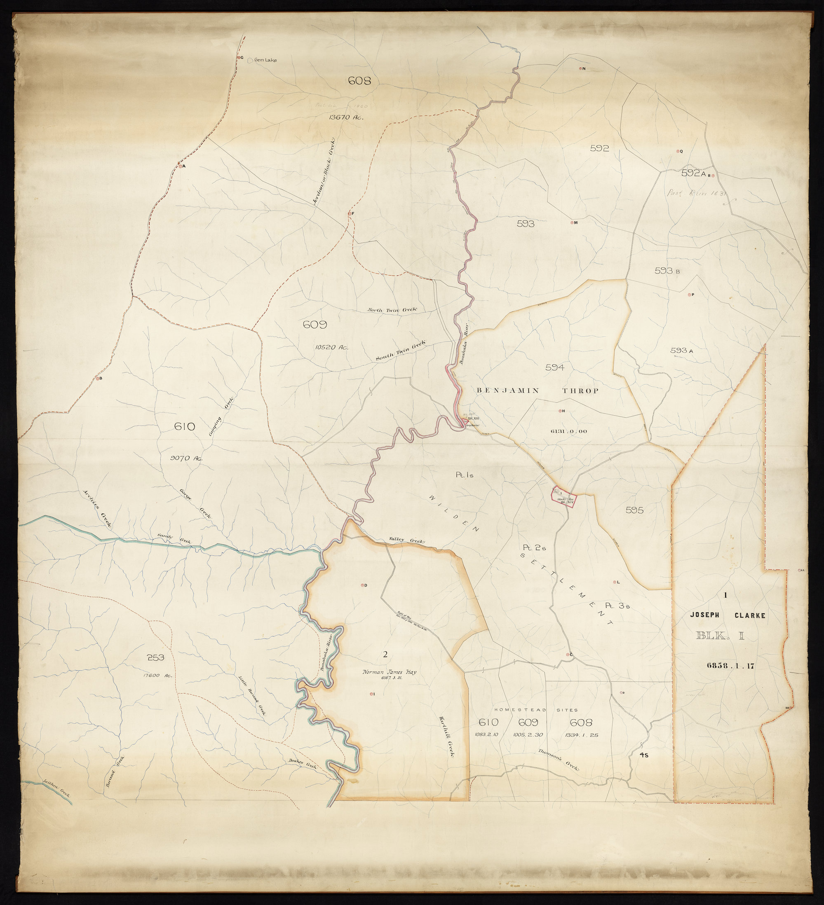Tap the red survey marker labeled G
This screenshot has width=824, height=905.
(238, 57)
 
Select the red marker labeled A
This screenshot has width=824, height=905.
(180, 166)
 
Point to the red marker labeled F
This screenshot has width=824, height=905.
(349, 213)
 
